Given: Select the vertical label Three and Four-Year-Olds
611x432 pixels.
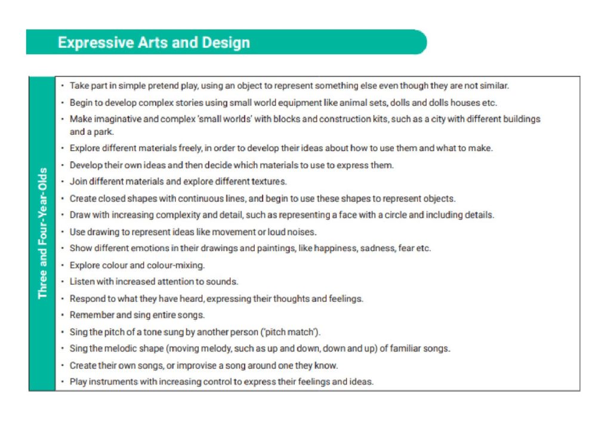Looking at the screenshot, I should tap(42, 233).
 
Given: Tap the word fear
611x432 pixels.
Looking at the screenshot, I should tap(406, 248).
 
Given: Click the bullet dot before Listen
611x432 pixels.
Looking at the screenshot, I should tap(63, 282).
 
